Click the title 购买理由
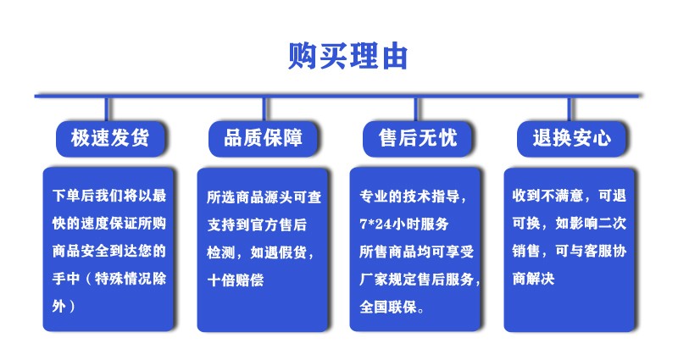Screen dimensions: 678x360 click(348, 56)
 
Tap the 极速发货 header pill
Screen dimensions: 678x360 click(110, 139)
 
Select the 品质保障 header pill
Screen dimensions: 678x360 click(263, 139)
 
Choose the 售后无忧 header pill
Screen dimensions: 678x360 click(417, 139)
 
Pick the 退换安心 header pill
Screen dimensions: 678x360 click(571, 139)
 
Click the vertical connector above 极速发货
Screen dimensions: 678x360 click(107, 109)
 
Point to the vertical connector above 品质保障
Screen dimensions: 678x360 click(264, 109)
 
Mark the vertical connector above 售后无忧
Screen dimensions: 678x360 click(416, 109)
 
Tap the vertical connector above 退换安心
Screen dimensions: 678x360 click(570, 109)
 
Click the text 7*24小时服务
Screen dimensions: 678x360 click(404, 224)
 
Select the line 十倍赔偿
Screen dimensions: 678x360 click(236, 280)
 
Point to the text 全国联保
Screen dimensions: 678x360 click(392, 307)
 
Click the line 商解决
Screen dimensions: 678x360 click(533, 279)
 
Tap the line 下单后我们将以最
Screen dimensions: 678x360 click(109, 196)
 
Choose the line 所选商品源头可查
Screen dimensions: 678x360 click(264, 197)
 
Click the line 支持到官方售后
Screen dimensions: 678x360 click(257, 224)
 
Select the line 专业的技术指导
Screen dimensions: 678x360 click(413, 197)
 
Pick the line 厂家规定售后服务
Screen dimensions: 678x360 click(420, 280)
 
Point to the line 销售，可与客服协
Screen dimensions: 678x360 click(569, 251)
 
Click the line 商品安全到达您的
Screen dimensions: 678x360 click(109, 251)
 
